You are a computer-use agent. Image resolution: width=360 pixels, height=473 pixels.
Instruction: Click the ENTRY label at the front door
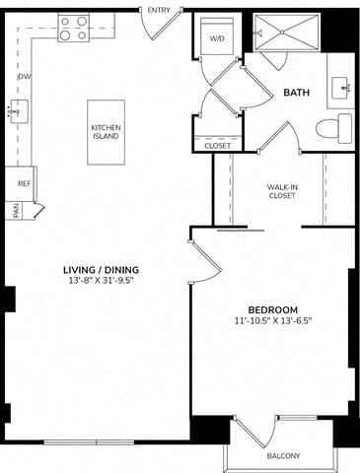click(159, 11)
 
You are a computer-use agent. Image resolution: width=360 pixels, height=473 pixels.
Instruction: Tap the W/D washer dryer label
click(217, 38)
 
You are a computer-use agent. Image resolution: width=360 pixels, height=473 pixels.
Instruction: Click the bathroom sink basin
click(341, 88)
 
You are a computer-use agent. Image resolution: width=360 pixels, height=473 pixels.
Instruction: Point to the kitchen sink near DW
click(19, 111)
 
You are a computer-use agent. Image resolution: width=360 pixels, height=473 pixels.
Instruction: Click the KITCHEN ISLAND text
click(106, 132)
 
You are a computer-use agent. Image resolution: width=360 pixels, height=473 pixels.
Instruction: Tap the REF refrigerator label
click(25, 183)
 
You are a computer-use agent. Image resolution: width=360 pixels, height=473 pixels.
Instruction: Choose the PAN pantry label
click(17, 211)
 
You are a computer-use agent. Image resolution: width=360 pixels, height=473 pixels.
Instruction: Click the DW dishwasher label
click(25, 77)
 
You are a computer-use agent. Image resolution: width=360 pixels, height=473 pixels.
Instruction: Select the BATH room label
click(296, 93)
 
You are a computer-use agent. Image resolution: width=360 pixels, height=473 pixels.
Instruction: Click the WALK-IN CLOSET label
click(282, 191)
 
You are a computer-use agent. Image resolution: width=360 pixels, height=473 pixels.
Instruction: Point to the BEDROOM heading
click(273, 309)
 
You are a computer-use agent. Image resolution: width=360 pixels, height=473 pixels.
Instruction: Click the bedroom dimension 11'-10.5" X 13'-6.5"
click(273, 320)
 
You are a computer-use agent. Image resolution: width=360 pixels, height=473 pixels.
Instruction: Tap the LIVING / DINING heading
click(101, 270)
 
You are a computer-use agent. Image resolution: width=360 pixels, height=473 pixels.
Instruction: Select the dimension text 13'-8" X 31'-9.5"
click(102, 281)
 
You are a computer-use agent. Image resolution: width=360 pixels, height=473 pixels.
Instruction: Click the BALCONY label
click(283, 456)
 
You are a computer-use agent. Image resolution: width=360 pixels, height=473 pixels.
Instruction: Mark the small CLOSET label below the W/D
click(218, 146)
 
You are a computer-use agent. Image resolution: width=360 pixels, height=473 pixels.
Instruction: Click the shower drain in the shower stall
click(282, 32)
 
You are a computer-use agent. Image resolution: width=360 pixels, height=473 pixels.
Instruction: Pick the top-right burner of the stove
click(82, 22)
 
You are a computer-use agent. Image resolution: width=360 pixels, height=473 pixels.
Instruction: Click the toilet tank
click(345, 128)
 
